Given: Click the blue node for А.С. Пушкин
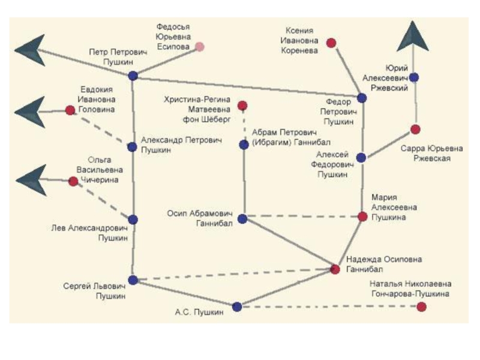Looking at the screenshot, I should (x=237, y=307).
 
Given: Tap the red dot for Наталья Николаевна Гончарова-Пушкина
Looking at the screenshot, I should (x=422, y=307).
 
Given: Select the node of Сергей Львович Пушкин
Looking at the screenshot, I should (x=133, y=280).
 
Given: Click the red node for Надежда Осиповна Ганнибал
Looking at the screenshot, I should (x=335, y=269).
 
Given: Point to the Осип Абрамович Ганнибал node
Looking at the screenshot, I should (x=242, y=218).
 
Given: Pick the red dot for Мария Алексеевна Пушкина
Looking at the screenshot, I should (x=362, y=216).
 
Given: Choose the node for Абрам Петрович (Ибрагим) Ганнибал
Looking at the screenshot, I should (x=244, y=145).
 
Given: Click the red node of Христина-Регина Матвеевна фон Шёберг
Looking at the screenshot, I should (x=242, y=106).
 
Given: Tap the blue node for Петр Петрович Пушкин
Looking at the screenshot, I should (x=133, y=76).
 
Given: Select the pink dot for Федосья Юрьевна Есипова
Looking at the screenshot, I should (x=199, y=46).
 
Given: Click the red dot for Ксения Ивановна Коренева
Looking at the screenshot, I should (x=331, y=43).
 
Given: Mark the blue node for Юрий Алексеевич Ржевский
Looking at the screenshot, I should (x=414, y=77).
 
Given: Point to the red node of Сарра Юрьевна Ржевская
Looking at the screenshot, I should (x=415, y=130).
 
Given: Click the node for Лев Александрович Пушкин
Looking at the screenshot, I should (x=133, y=220).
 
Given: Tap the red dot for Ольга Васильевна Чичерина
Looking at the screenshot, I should (x=73, y=181).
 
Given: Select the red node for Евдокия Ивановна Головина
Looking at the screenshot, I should (x=70, y=110).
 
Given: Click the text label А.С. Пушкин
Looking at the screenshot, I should (x=200, y=312).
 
